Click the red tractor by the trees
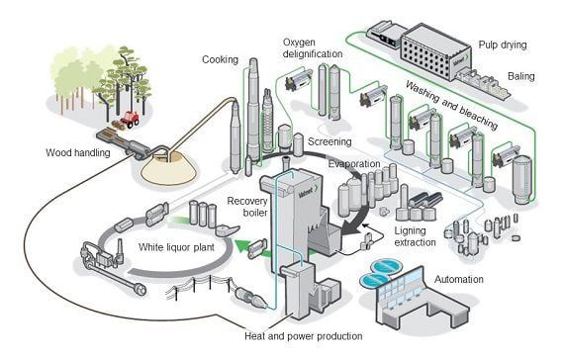130,119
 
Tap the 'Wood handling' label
78,153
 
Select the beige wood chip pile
168,169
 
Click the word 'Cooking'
220,59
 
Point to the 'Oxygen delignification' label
313,48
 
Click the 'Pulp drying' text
503,45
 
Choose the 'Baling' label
521,76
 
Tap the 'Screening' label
329,141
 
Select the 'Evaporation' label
354,164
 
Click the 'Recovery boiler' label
247,207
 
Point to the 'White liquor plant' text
176,247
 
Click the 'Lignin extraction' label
416,236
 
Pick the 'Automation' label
459,280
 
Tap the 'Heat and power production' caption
304,336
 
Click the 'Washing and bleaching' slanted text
452,105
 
